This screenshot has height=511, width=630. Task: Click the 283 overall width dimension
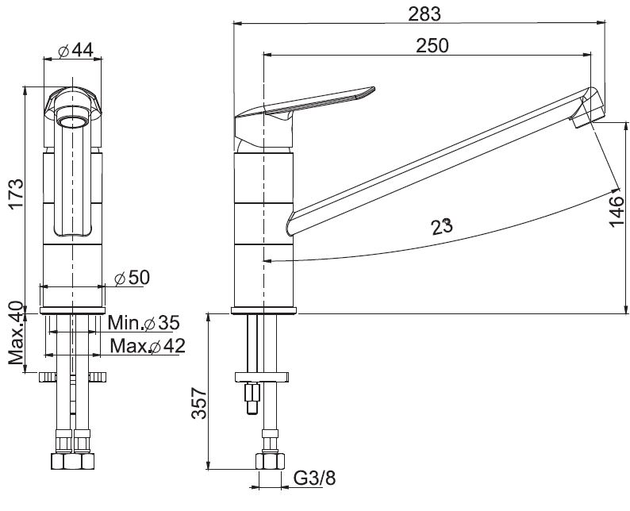coord(424,14)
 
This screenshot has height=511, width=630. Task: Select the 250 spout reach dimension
coord(432,45)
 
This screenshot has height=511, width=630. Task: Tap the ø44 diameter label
coord(75,51)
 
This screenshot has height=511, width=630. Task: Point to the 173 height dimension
coord(17,194)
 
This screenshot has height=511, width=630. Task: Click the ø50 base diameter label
coord(132,278)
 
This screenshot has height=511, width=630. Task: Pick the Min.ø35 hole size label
coord(144,323)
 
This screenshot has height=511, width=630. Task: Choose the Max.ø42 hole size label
coord(148,345)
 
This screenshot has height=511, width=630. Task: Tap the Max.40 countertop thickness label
coord(16,332)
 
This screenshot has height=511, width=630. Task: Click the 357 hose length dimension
coord(199,403)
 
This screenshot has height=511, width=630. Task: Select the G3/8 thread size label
coord(314,478)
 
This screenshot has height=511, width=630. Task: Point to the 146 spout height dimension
coord(617,212)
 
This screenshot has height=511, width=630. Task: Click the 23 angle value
coord(442,227)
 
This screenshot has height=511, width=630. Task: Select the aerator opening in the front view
coord(73,116)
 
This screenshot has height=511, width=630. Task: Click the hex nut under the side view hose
coord(270,461)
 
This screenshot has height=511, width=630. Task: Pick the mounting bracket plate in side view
coord(262,377)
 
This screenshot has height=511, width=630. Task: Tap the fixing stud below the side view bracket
coord(252,398)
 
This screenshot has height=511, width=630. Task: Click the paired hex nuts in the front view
coord(73,461)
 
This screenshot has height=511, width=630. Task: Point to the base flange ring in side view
coord(263,310)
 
